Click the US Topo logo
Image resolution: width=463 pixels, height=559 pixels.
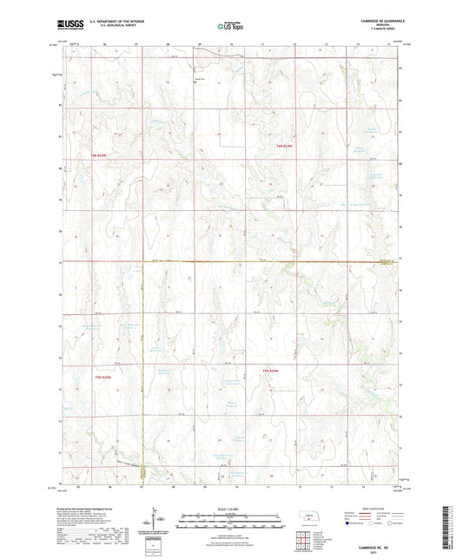click(230, 26)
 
